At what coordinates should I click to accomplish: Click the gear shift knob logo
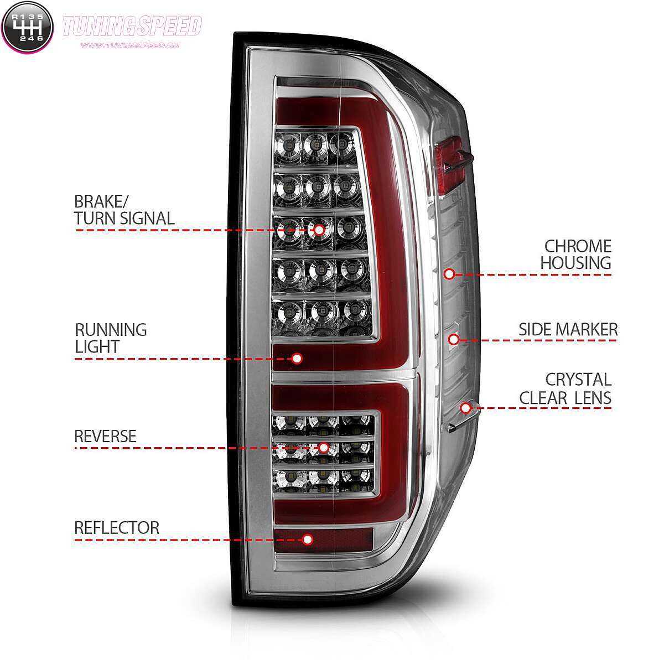(27, 27)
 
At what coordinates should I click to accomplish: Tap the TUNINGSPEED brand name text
(132, 26)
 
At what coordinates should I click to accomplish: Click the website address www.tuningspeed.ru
(130, 45)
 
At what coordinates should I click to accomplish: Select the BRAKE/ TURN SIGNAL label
(124, 210)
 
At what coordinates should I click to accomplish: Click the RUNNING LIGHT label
(111, 338)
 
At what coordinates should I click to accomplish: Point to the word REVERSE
(106, 436)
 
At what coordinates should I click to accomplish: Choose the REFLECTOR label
(117, 528)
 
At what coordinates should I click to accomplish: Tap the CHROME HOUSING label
(576, 255)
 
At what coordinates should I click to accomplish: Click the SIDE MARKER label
(568, 329)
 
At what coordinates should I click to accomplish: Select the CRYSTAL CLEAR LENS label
(566, 389)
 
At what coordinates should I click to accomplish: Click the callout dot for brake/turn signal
(319, 230)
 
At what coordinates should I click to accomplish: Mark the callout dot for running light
(297, 359)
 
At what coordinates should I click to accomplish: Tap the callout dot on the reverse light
(324, 448)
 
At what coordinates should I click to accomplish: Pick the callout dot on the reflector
(308, 539)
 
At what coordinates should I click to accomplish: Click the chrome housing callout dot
(449, 274)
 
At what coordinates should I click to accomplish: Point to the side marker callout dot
(454, 339)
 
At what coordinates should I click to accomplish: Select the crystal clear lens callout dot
(465, 408)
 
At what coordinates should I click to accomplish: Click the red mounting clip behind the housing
(452, 165)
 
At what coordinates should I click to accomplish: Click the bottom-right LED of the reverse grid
(357, 479)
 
